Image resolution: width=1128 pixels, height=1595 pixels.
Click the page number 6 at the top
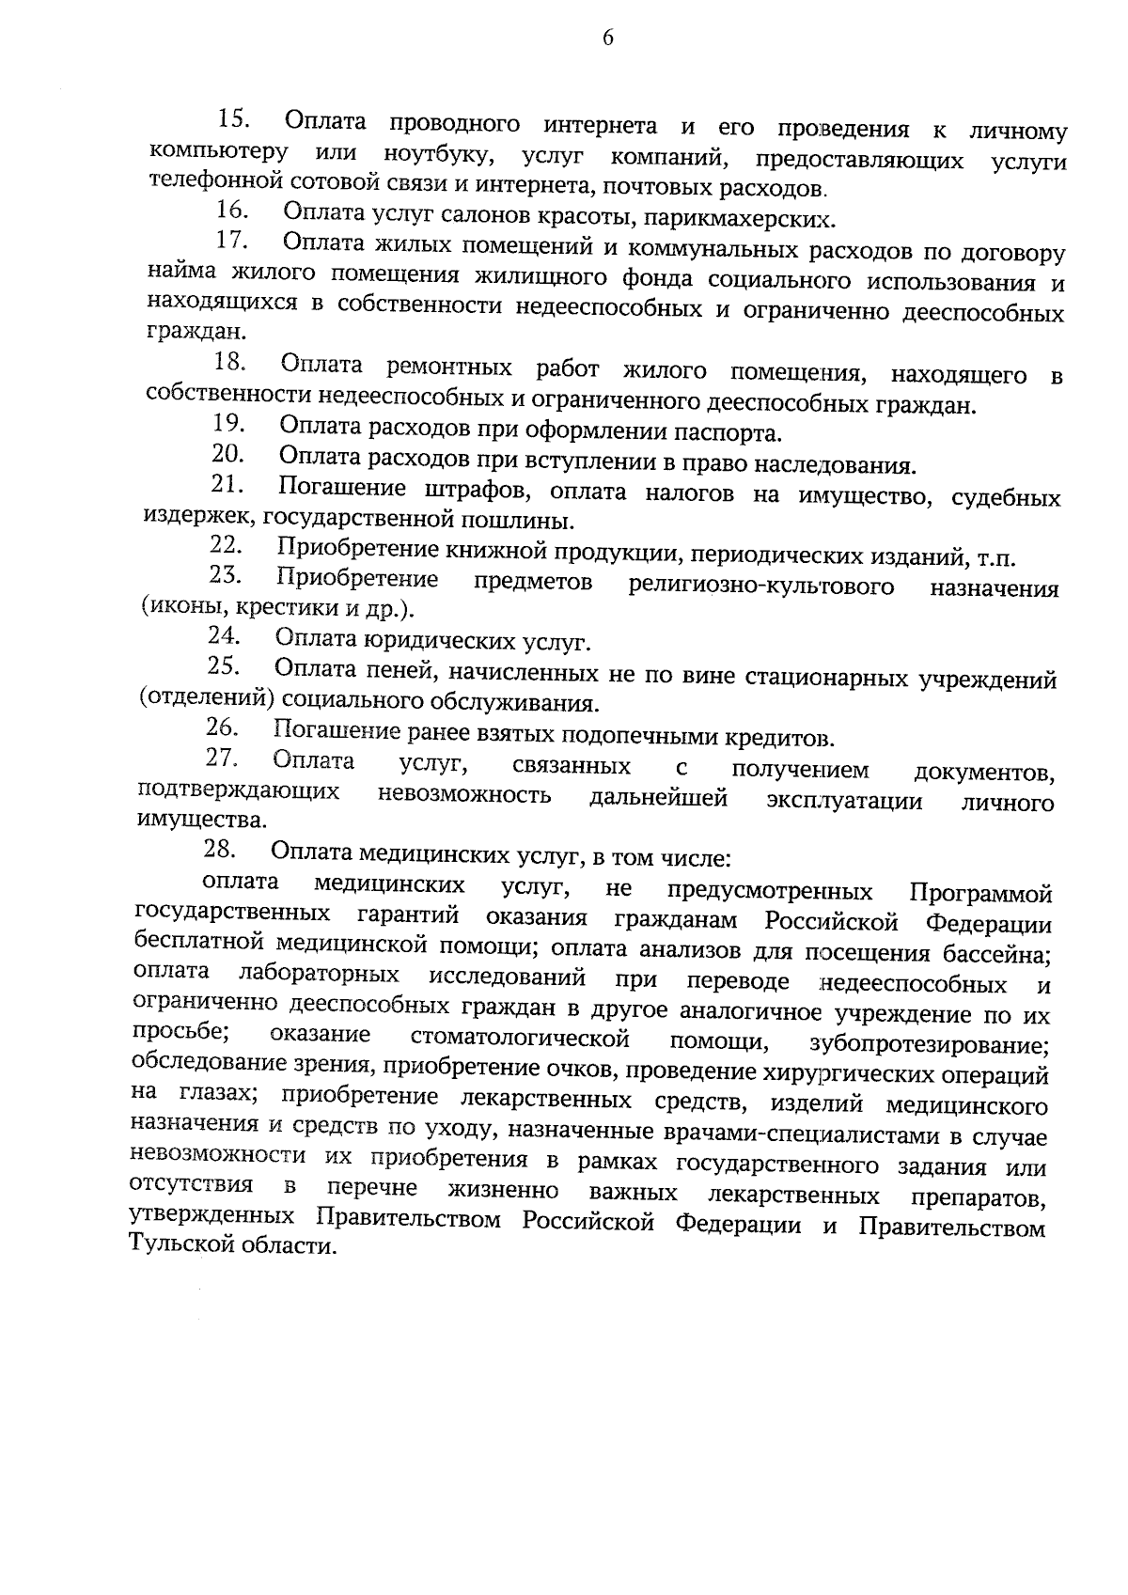[x=607, y=38]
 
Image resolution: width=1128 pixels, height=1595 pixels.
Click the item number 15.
[x=233, y=119]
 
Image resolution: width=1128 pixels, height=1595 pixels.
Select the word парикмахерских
[x=759, y=220]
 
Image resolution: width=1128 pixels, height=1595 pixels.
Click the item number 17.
[x=231, y=241]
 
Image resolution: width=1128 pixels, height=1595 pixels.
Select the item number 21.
[x=227, y=485]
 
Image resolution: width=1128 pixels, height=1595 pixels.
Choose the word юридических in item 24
[x=440, y=642]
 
